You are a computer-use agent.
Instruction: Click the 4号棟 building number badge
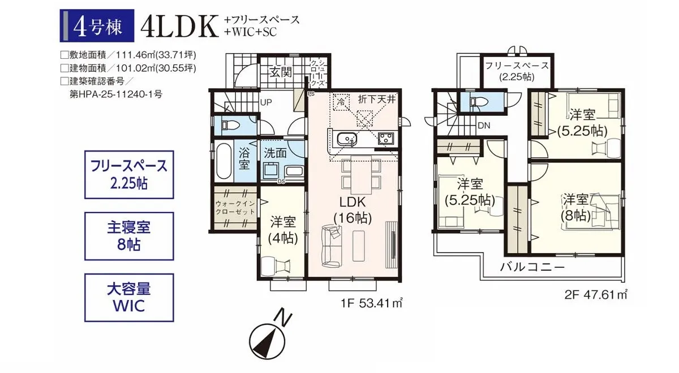click(x=97, y=26)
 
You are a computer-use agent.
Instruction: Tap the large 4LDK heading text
click(x=181, y=27)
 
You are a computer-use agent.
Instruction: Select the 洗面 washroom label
click(x=276, y=153)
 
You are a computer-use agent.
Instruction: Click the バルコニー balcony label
click(x=532, y=267)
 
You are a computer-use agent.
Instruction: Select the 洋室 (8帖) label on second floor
click(x=576, y=207)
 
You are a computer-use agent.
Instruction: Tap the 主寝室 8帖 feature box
click(x=129, y=236)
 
